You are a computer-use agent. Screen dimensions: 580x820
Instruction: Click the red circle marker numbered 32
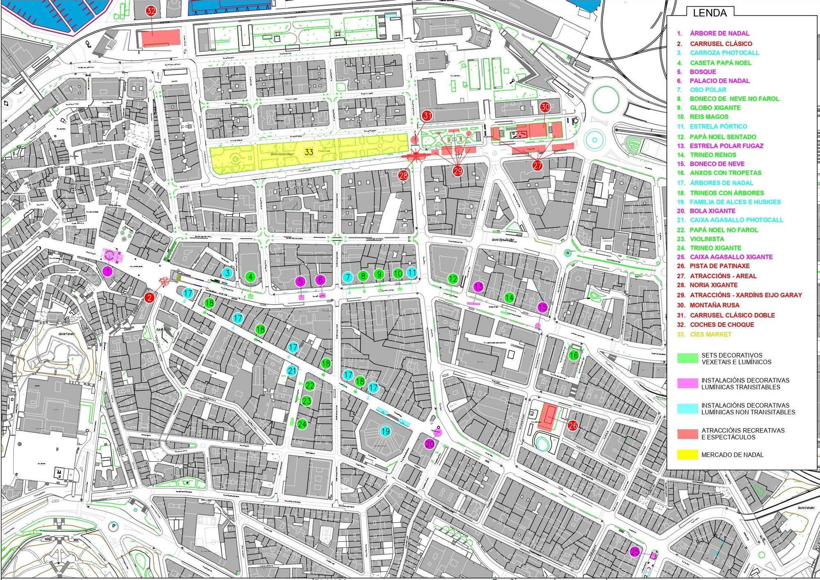(x=151, y=11)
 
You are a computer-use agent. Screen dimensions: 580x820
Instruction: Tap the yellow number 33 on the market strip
(x=309, y=152)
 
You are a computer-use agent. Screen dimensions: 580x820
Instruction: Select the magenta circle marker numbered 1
(x=107, y=271)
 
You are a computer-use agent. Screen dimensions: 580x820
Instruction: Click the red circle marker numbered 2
(x=149, y=297)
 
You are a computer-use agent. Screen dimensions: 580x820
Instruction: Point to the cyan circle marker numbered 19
(x=385, y=431)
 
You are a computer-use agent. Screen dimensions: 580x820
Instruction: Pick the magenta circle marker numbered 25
(x=635, y=552)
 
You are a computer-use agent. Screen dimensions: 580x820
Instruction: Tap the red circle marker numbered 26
(x=573, y=426)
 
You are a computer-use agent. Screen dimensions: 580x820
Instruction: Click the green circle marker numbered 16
(x=574, y=356)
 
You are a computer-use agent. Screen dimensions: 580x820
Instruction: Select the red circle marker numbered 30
(x=545, y=107)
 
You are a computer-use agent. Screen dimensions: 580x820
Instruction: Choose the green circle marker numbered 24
(x=302, y=424)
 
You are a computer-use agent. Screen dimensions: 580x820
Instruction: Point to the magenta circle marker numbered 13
(x=478, y=287)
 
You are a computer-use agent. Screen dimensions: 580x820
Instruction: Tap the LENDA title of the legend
(x=710, y=13)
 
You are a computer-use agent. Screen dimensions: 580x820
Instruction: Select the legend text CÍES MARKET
(x=710, y=334)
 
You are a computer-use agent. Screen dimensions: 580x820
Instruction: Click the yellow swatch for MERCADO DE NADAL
(x=687, y=454)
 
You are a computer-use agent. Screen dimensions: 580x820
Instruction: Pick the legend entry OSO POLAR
(x=708, y=90)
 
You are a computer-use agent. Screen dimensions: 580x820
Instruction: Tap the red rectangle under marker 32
(x=161, y=38)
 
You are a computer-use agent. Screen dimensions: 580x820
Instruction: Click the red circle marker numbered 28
(x=403, y=176)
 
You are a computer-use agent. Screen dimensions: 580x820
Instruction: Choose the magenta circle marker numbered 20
(x=430, y=444)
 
